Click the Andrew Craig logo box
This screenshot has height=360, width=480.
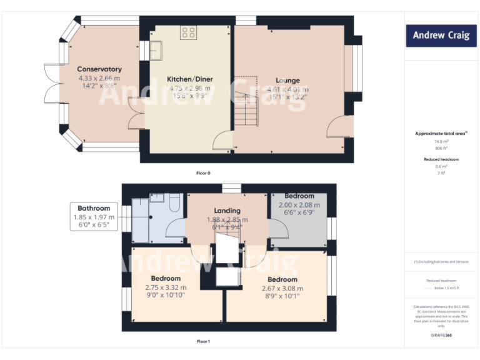(441, 36)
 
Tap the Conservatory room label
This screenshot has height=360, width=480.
(99, 69)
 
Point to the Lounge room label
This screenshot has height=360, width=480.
(287, 80)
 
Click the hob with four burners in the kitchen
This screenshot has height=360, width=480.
(189, 32)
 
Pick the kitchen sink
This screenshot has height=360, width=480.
(154, 49)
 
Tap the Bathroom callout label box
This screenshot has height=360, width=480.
(94, 217)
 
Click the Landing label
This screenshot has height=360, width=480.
(227, 211)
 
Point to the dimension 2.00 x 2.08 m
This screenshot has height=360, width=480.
(299, 205)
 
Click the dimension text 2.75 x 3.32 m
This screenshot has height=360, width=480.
(166, 287)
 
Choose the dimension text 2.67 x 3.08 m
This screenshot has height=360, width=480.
(282, 288)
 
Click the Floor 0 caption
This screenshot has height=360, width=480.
(203, 172)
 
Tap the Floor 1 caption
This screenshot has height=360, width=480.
(203, 342)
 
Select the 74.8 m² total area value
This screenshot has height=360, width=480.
(442, 142)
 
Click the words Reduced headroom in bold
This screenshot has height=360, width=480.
(442, 159)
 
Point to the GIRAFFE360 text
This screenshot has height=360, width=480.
(441, 336)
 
